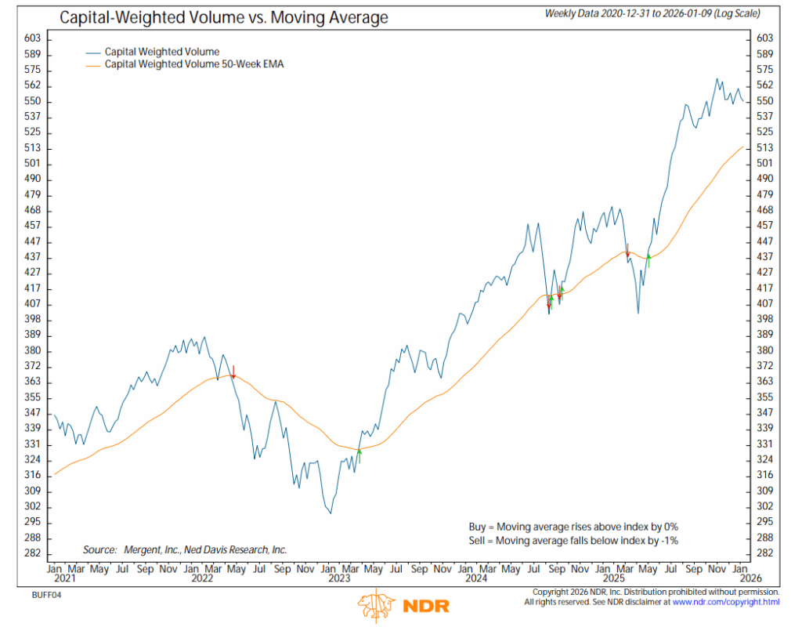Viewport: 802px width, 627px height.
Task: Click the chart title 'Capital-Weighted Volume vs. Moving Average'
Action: [224, 16]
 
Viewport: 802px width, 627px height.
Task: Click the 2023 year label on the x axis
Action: [338, 579]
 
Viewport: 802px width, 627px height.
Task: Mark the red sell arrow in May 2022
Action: [233, 371]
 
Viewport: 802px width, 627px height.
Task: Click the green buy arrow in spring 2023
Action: [359, 453]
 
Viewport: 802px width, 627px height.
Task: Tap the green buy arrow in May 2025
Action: [648, 260]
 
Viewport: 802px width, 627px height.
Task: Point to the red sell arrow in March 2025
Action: [627, 251]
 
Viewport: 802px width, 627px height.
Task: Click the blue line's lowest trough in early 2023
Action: [331, 513]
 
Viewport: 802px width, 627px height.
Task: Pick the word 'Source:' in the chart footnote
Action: [99, 549]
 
